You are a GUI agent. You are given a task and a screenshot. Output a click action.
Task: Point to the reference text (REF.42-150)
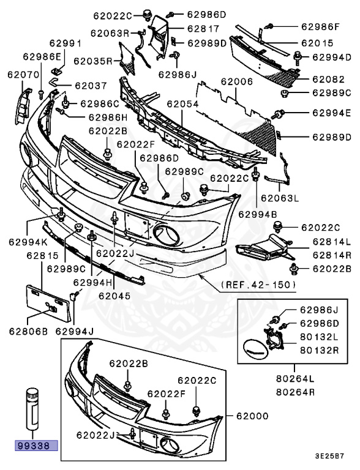(258, 285)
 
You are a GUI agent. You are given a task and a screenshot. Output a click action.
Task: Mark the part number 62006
(237, 81)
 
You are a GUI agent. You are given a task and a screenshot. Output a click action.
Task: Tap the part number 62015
(317, 43)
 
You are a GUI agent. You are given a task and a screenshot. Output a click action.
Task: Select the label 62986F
(320, 26)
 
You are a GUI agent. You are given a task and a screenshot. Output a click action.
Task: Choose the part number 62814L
(331, 241)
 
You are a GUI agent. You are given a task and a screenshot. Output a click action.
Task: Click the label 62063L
(279, 197)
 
